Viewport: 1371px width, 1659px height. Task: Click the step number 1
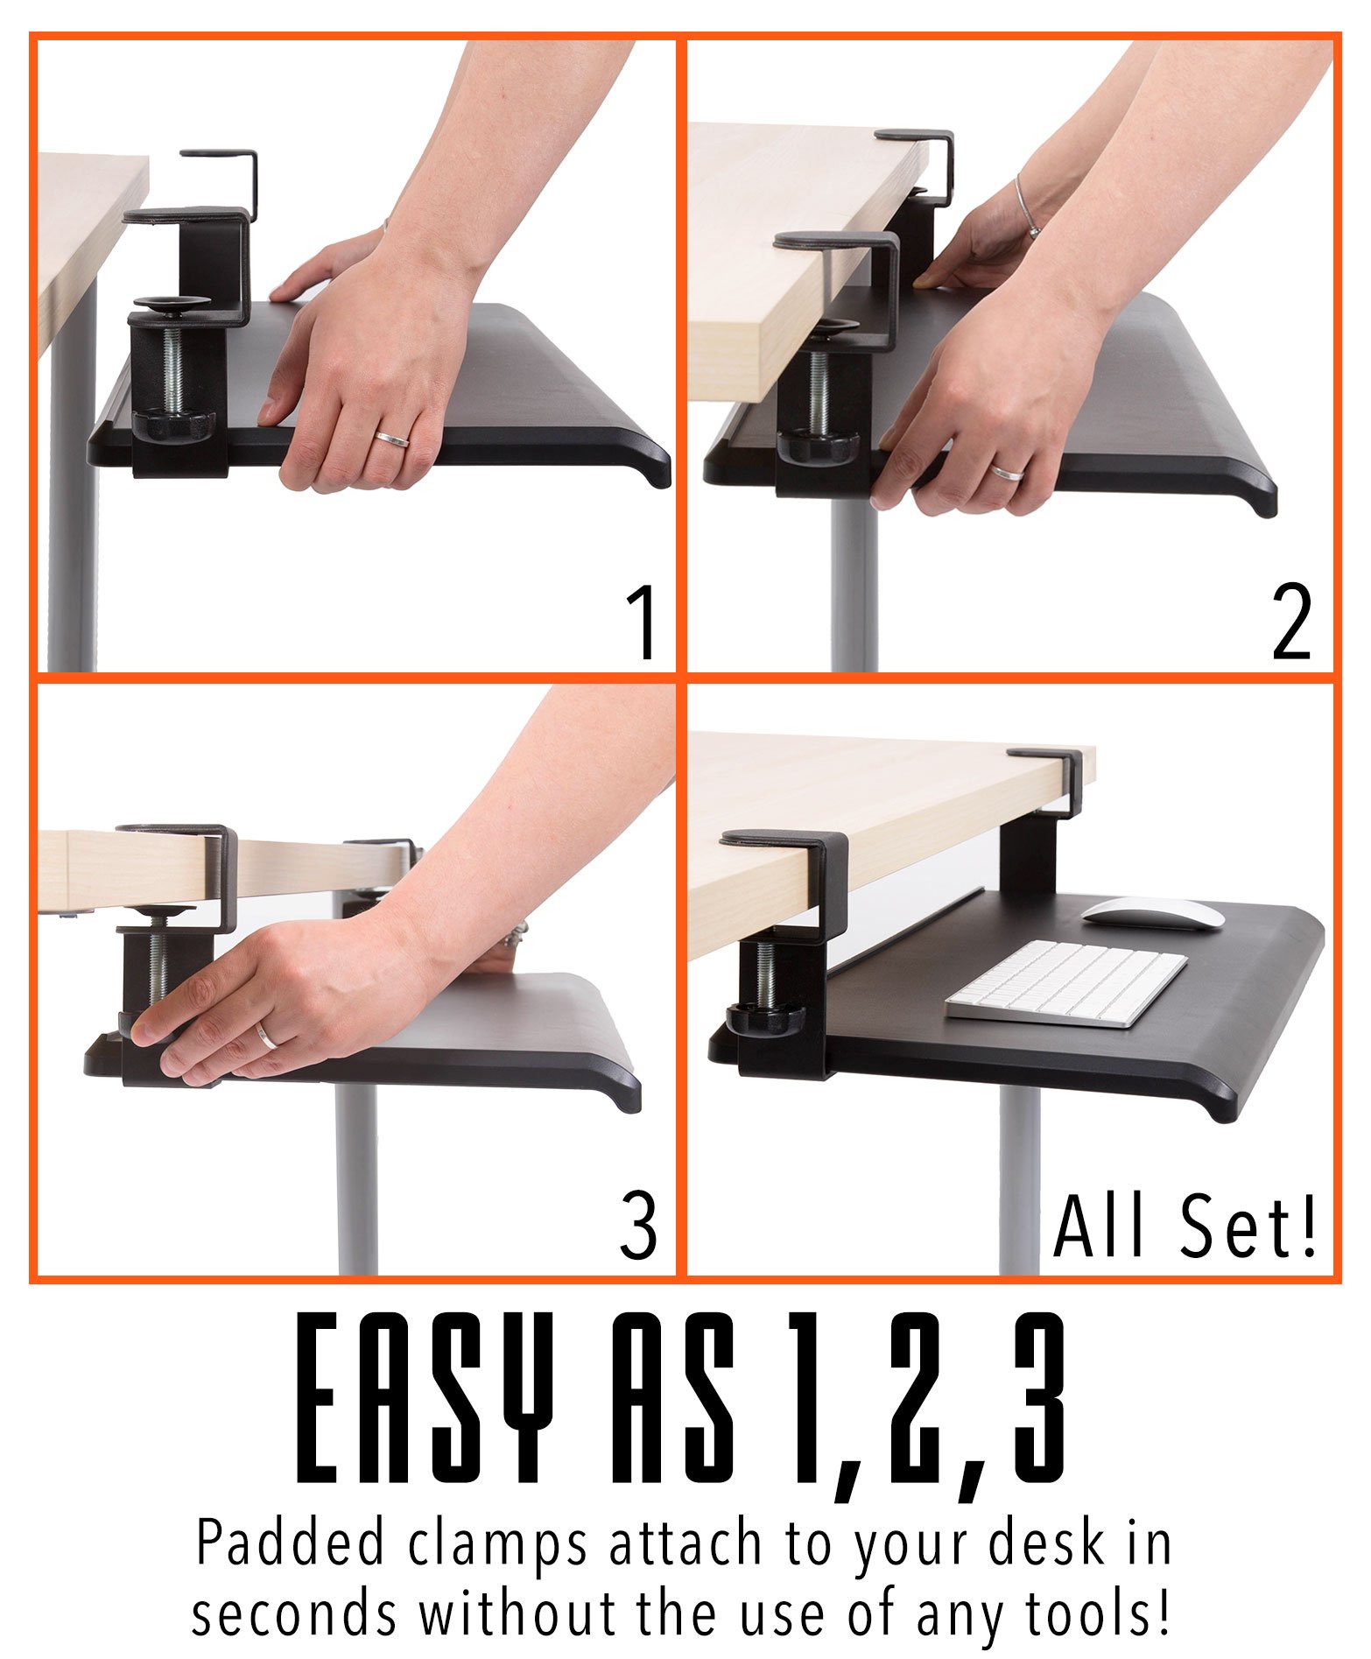[643, 623]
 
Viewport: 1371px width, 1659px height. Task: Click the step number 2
[1291, 623]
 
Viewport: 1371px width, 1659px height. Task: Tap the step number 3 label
[638, 1226]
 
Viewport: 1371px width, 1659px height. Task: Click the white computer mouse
[1152, 912]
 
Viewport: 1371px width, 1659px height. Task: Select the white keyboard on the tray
[1066, 982]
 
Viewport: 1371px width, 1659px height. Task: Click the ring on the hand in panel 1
[392, 439]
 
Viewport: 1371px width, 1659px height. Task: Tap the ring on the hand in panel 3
[267, 1037]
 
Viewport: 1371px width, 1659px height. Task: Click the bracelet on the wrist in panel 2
[1027, 208]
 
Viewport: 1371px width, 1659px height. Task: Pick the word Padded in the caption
[290, 1544]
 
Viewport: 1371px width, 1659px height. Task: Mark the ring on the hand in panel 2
[1006, 473]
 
